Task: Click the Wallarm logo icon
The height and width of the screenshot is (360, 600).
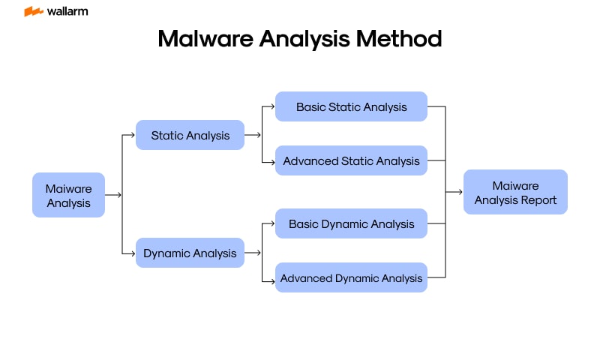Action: [x=33, y=12]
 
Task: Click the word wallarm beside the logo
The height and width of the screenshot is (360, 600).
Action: [x=67, y=12]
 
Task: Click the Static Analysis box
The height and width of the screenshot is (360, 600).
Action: [x=190, y=135]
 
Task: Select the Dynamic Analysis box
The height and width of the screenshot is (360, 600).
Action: [x=190, y=253]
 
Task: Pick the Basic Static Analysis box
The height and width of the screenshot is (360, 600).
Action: [x=351, y=106]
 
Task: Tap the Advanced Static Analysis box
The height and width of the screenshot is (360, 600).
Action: [x=351, y=160]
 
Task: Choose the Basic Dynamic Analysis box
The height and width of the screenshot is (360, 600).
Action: [x=351, y=223]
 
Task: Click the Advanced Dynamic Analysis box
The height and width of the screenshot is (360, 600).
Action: [x=351, y=277]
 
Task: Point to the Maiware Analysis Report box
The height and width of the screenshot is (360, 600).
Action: [x=515, y=192]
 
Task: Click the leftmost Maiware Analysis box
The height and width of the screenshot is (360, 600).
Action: [x=68, y=195]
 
